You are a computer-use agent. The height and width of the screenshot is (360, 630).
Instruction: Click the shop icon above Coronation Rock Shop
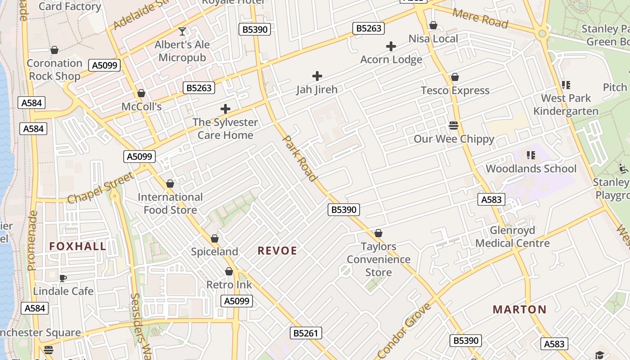[x=54, y=50]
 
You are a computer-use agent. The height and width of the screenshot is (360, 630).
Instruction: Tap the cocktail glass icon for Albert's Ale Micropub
[x=182, y=31]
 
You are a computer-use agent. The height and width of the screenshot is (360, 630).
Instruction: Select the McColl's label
[x=141, y=107]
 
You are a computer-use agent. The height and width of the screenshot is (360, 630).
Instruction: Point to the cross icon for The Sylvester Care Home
[x=225, y=109]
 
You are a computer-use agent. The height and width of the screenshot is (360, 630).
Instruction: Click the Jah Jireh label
[x=317, y=90]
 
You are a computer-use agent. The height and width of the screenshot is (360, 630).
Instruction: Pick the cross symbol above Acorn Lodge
[x=391, y=46]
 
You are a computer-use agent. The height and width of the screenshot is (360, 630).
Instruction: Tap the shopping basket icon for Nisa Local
[x=433, y=26]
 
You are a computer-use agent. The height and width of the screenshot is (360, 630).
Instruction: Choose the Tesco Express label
[x=455, y=90]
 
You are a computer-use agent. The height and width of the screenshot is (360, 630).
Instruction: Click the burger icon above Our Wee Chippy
[x=454, y=125]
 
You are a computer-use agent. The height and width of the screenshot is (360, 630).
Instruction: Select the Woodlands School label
[x=531, y=169]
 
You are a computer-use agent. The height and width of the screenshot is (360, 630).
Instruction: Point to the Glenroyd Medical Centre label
[x=513, y=237]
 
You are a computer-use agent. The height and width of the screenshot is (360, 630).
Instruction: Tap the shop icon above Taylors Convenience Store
[x=378, y=234]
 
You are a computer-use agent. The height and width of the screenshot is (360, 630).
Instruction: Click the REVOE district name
[x=277, y=251]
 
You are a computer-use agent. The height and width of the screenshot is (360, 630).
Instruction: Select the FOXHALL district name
[x=78, y=246]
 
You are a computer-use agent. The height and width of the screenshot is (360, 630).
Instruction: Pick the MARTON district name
[x=519, y=310]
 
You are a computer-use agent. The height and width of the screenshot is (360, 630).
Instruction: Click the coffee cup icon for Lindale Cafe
[x=63, y=278]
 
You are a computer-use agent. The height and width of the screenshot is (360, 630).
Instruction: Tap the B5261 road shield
[x=306, y=333]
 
